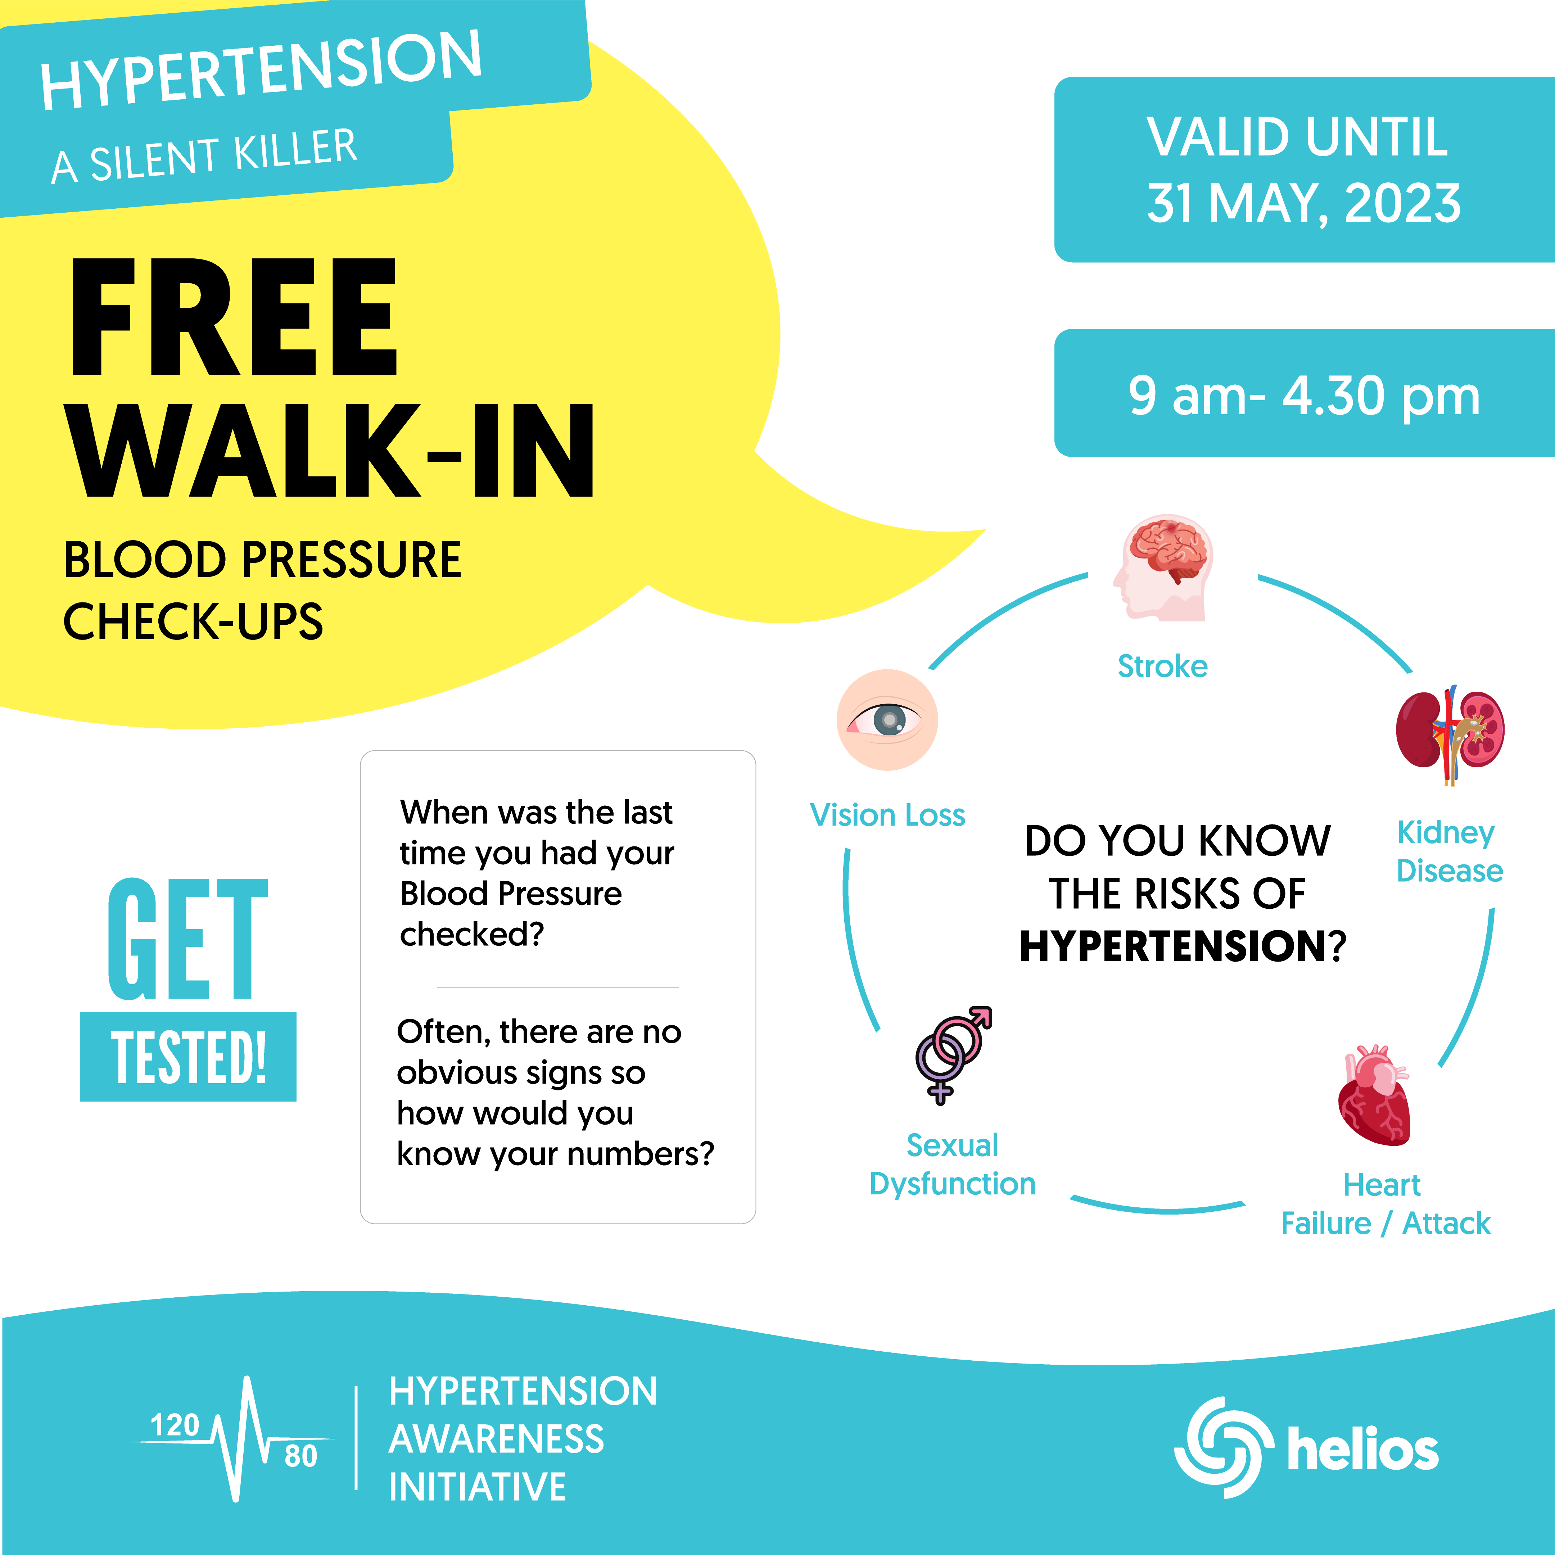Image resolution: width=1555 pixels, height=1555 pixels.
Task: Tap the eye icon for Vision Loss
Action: (x=887, y=719)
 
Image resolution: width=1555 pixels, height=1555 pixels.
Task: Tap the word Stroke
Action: (x=1162, y=666)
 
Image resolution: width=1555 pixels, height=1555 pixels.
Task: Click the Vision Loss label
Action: (x=887, y=815)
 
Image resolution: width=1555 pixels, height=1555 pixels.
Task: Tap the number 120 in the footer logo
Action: (x=175, y=1425)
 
